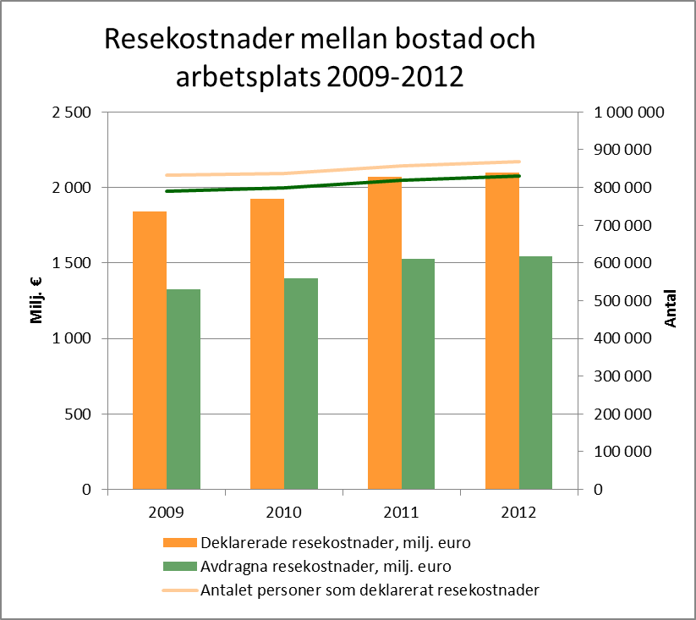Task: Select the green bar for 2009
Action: tap(184, 389)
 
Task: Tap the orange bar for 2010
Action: tap(266, 343)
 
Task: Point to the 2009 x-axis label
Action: tap(166, 512)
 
